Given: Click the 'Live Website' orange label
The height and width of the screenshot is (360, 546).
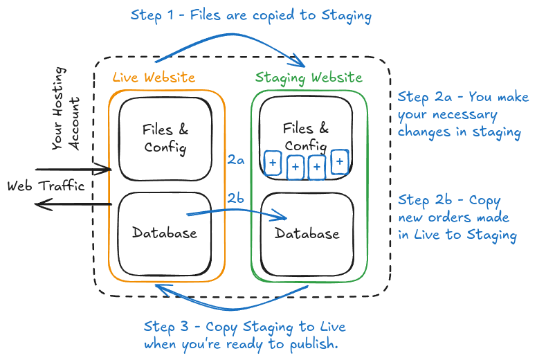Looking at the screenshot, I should coord(154,78).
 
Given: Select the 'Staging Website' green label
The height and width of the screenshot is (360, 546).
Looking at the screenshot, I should coord(308,78).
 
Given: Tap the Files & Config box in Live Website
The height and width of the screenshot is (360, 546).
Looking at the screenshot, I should coord(165,138).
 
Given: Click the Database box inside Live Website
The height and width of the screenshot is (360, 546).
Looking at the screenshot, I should coord(165,233).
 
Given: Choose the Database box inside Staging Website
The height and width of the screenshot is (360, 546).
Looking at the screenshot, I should coord(307,233).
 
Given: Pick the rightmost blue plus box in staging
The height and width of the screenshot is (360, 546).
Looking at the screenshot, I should coord(339,162).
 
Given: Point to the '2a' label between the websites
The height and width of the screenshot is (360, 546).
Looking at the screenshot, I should coord(236,160).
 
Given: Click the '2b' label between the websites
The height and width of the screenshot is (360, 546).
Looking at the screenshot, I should coord(236,199).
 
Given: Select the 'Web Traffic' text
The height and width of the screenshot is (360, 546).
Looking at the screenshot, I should coord(46,186).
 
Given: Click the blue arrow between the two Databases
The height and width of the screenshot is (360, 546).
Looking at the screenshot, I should coord(235,213).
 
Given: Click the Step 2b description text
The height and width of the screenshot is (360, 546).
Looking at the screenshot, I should coord(457,217).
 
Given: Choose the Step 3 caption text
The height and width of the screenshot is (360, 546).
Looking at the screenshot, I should coord(244,335).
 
